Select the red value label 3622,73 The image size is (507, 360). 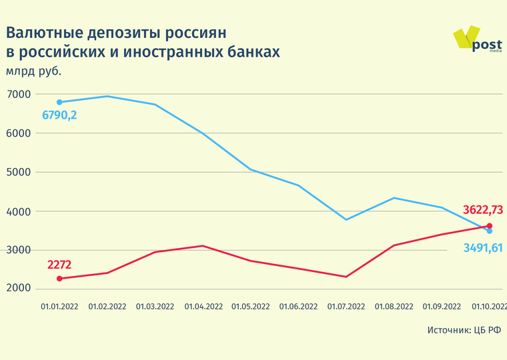[x=483, y=211]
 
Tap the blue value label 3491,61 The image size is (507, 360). [x=483, y=248]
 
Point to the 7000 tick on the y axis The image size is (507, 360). [x=19, y=95]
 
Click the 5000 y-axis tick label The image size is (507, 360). [x=19, y=172]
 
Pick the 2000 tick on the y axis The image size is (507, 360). [x=19, y=289]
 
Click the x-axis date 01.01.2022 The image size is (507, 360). [x=59, y=307]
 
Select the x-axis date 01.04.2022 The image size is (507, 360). [x=203, y=307]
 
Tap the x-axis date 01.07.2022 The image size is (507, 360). [x=346, y=307]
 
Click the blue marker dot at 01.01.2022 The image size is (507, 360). [x=59, y=102]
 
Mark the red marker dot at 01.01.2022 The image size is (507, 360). [x=59, y=279]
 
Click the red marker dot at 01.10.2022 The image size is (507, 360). [x=490, y=226]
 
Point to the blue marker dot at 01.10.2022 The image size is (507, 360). [x=490, y=231]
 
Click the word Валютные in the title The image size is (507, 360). [x=47, y=32]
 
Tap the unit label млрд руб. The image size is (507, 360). [x=38, y=71]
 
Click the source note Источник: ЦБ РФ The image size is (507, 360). [x=464, y=330]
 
